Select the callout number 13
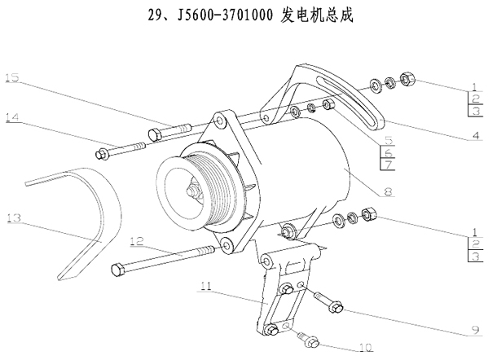point(12,217)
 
